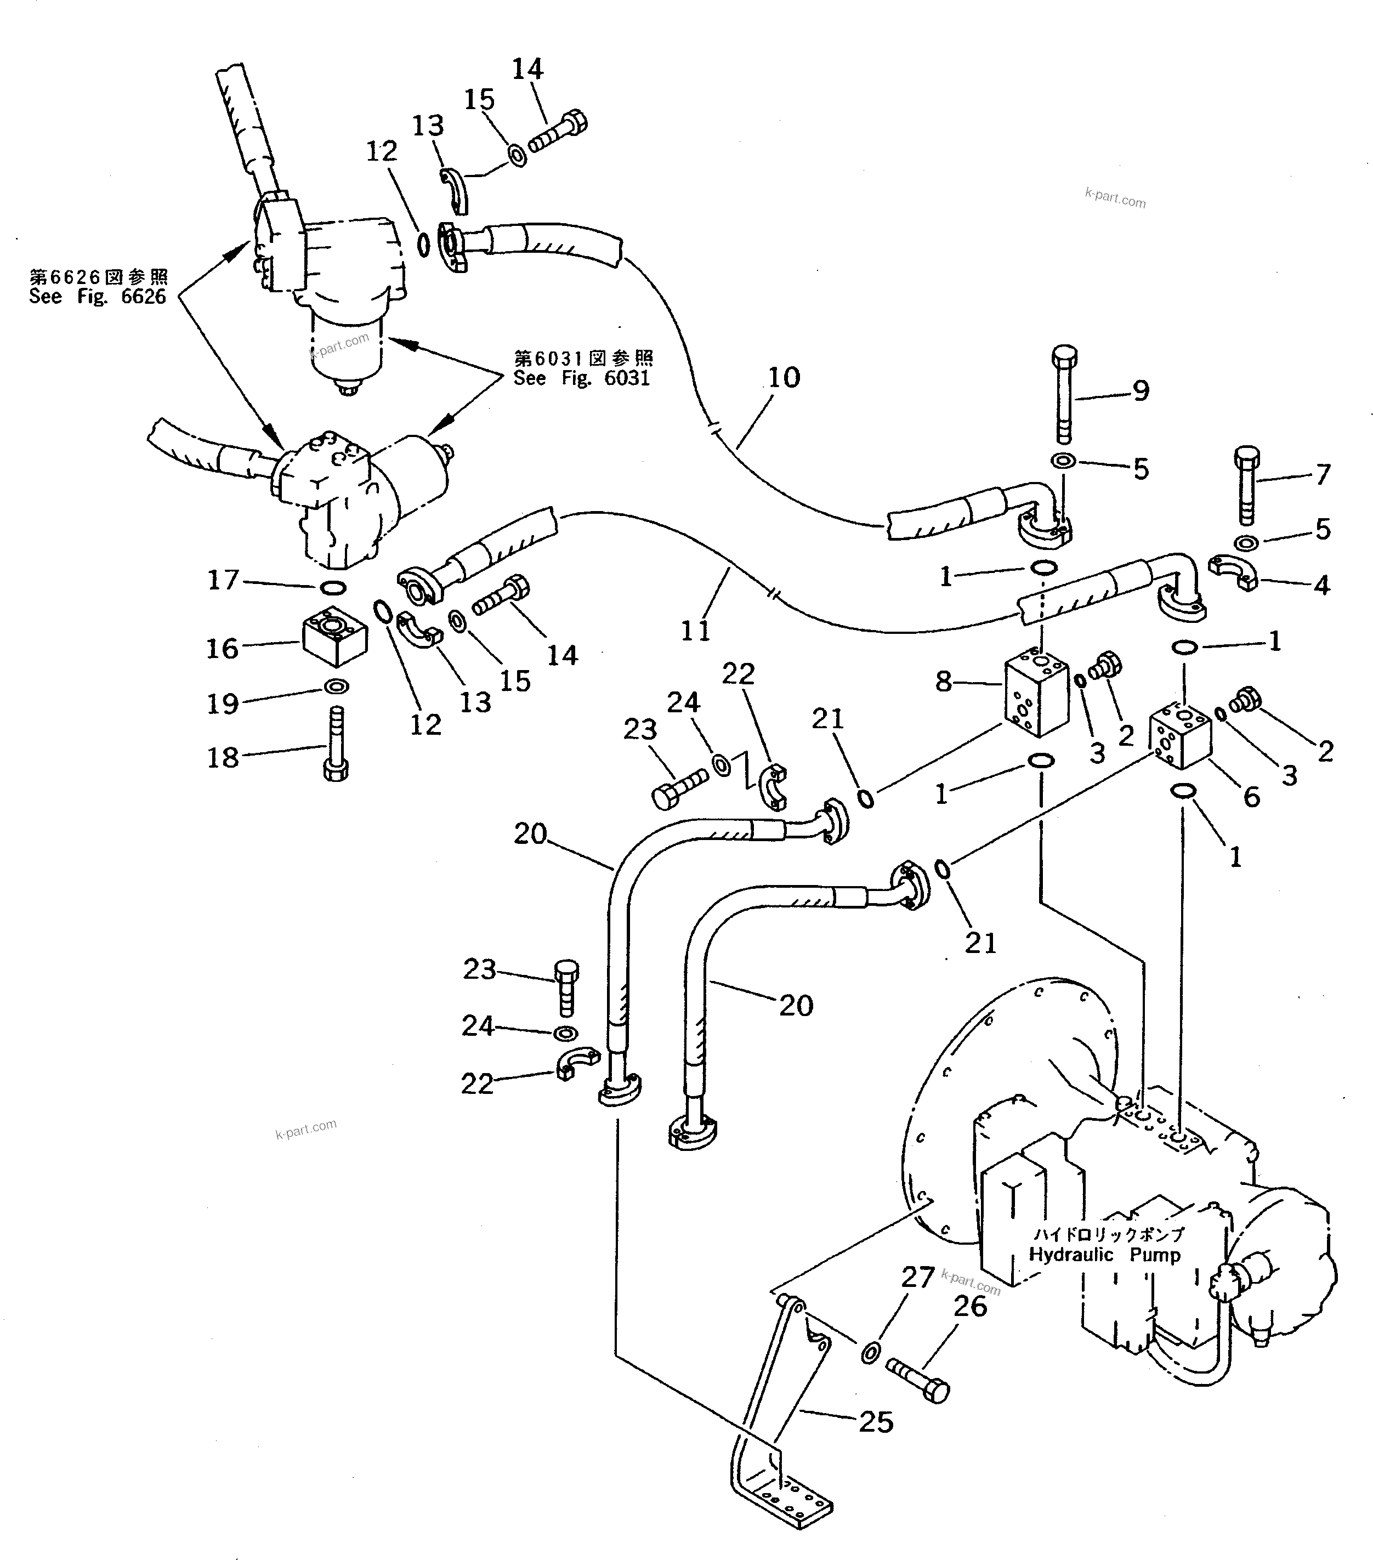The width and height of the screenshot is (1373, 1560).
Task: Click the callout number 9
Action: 1140,391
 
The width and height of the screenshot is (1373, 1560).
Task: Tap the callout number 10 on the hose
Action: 784,377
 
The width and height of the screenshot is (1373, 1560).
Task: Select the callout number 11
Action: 695,631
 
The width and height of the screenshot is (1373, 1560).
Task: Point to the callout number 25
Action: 875,1422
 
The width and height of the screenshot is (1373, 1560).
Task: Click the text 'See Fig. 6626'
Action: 98,297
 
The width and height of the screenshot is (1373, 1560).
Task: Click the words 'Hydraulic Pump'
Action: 1104,1255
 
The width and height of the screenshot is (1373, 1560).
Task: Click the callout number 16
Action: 223,649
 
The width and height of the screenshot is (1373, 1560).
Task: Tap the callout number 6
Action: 1252,797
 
